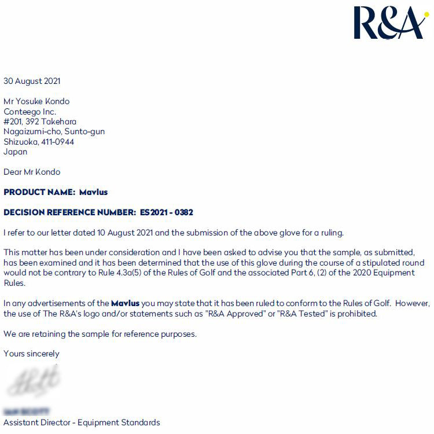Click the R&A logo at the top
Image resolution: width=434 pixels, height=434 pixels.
coord(389,23)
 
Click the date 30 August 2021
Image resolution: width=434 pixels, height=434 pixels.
coord(32,81)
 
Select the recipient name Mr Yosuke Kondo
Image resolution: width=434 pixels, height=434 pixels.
coord(36,101)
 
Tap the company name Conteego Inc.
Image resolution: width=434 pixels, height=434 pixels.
coord(30,112)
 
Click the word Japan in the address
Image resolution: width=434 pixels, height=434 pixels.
coord(16,152)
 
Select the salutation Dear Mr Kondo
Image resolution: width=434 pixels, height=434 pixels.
coord(32,172)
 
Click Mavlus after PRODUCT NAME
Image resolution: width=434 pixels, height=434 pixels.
coord(93,192)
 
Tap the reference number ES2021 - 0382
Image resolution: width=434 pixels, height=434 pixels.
coord(167,212)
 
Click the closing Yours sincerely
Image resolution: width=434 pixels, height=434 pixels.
coord(32,353)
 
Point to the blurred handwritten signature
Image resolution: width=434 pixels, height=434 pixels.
coord(34,379)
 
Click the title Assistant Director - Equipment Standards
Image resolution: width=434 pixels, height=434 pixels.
coord(82,422)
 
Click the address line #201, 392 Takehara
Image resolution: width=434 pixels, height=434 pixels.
coord(40,122)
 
